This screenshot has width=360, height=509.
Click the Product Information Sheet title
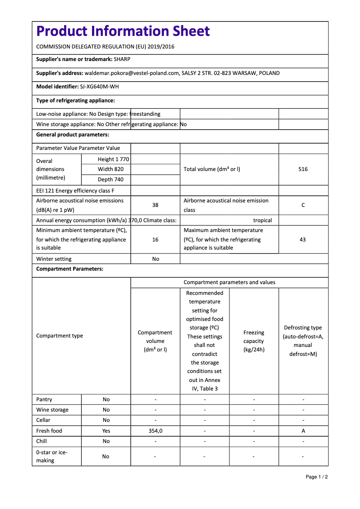pyautogui.click(x=123, y=31)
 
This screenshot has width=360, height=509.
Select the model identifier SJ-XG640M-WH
pyautogui.click(x=100, y=87)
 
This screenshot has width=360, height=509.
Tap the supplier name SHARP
pyautogui.click(x=122, y=59)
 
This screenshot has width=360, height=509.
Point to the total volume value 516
pyautogui.click(x=303, y=169)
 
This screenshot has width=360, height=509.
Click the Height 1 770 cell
pyautogui.click(x=113, y=159)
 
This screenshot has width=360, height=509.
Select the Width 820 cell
pyautogui.click(x=111, y=169)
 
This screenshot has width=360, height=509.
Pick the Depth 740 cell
pyautogui.click(x=111, y=180)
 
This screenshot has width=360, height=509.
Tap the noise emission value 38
pyautogui.click(x=155, y=205)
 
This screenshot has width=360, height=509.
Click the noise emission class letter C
pyautogui.click(x=303, y=205)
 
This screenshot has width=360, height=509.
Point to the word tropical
pyautogui.click(x=263, y=220)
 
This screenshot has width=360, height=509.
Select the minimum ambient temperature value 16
pyautogui.click(x=155, y=240)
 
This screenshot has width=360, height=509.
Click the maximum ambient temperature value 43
pyautogui.click(x=303, y=240)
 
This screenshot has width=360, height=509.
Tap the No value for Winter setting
pyautogui.click(x=155, y=259)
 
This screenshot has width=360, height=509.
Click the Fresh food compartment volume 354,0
pyautogui.click(x=155, y=431)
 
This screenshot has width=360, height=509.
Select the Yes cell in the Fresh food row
pyautogui.click(x=106, y=431)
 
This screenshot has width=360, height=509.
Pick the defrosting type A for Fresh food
pyautogui.click(x=303, y=431)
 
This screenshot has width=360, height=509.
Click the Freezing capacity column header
pyautogui.click(x=254, y=341)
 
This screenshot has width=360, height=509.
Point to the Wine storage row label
pyautogui.click(x=53, y=410)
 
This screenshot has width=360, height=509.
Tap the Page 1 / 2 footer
pyautogui.click(x=316, y=477)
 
